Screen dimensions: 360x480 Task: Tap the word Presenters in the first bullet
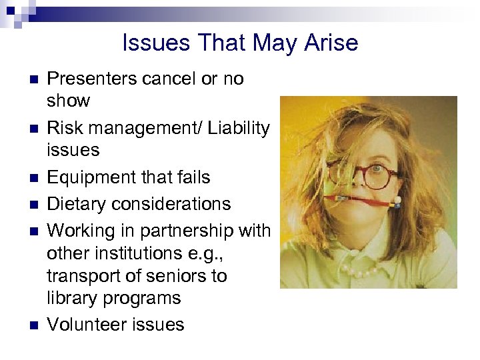tap(93, 79)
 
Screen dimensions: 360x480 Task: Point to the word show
tap(68, 101)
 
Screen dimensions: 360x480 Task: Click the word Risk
tap(65, 127)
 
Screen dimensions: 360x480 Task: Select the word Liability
tap(238, 127)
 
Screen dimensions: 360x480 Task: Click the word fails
tap(191, 177)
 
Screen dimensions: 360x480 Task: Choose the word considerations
tap(176, 204)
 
